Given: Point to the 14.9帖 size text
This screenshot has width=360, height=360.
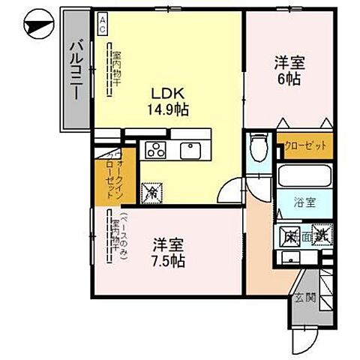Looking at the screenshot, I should coord(168,109).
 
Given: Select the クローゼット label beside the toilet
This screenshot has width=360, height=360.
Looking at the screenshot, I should coord(304,145).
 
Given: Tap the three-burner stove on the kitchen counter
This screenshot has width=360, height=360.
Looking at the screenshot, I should coord(155,150).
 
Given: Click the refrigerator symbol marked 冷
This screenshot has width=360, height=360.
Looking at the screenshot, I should coord(149,193).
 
